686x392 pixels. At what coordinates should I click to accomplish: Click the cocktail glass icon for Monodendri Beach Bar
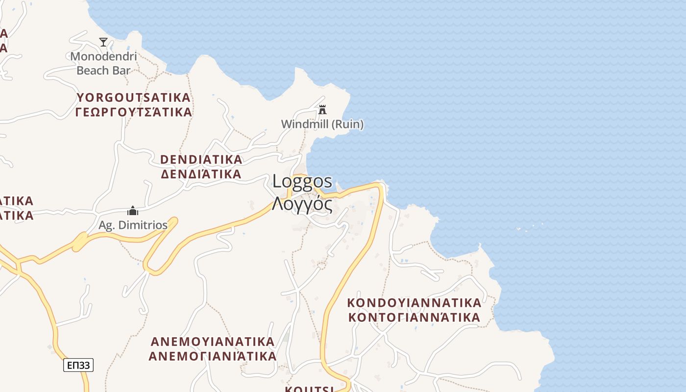point(103,42)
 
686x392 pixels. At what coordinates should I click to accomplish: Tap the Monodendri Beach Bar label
point(103,63)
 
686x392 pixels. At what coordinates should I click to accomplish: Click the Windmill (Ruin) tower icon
point(322,110)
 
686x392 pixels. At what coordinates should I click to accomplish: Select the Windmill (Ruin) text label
point(322,124)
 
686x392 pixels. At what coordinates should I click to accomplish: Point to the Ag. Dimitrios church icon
point(132,211)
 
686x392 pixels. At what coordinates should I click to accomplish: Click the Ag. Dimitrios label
point(133,225)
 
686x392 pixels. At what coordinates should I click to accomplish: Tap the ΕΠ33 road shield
point(78,365)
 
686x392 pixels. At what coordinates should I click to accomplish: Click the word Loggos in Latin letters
point(302,181)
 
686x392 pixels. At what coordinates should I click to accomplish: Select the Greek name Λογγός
point(302,203)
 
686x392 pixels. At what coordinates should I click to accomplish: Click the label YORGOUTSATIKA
point(133,98)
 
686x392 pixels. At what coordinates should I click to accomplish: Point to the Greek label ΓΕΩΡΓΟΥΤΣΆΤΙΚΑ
point(133,112)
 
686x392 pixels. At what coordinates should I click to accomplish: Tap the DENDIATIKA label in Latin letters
point(201,160)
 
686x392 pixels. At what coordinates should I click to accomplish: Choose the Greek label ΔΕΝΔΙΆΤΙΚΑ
point(201,174)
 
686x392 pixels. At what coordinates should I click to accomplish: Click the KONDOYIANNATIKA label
point(414,302)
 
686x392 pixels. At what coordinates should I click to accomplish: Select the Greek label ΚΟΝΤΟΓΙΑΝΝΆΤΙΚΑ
point(414,318)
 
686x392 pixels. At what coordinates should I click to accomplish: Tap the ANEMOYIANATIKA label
point(213,341)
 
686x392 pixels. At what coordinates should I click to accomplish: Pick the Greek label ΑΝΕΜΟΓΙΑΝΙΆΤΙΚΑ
point(213,356)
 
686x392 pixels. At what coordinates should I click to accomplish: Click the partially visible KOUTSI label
point(310,389)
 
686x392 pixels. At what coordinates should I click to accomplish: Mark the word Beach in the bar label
point(90,71)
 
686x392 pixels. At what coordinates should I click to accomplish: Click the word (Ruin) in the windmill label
point(348,124)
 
